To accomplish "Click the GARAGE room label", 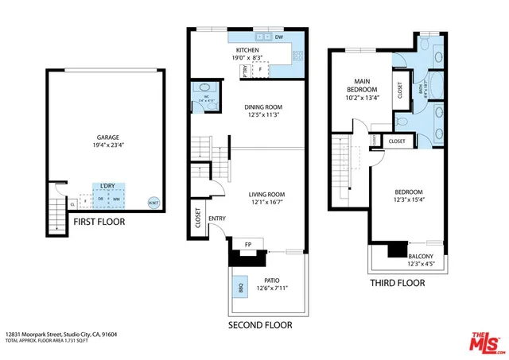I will pos(107,136).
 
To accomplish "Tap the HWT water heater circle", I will pos(153,202).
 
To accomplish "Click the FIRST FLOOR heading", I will pos(99,223).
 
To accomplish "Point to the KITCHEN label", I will pos(247,49).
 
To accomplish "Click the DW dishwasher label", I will pos(279,37).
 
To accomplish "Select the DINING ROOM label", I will pos(262,107).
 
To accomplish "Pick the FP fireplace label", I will pos(247,245).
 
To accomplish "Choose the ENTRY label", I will pos(216,219).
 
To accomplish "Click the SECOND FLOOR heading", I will pos(260,325).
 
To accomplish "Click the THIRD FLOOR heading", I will pos(397,283).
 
